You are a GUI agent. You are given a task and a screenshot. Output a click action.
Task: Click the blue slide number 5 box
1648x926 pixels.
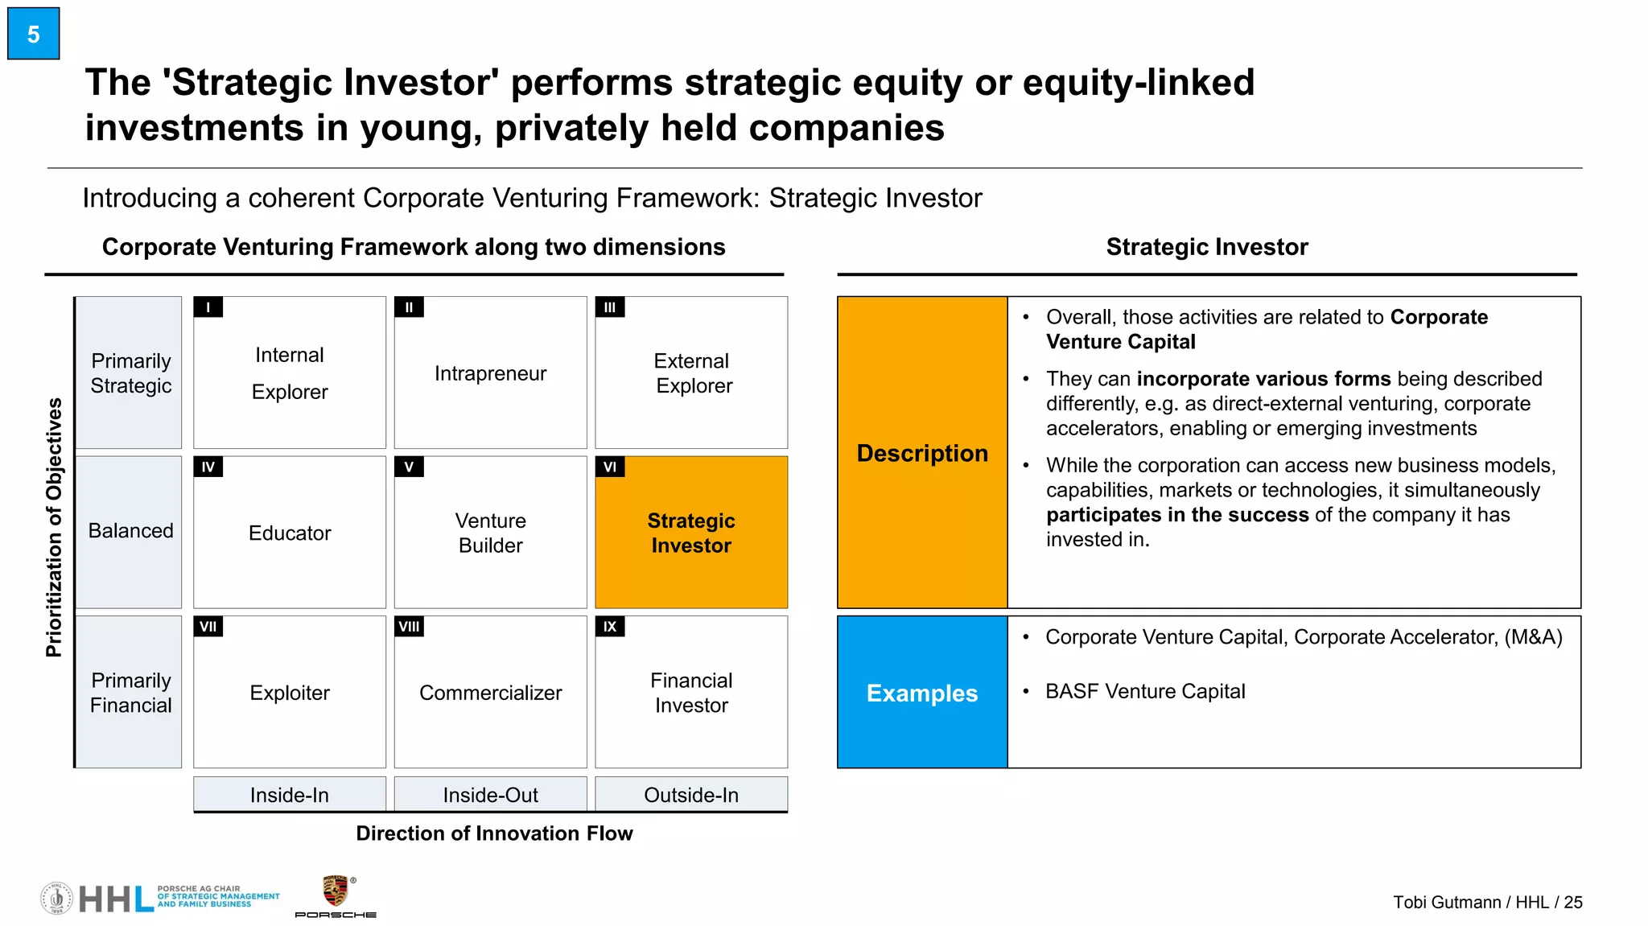pyautogui.click(x=33, y=34)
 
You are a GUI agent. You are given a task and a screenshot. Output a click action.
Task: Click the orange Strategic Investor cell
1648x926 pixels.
pyautogui.click(x=691, y=533)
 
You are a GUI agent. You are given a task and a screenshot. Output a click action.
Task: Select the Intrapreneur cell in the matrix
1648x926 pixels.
pyautogui.click(x=490, y=373)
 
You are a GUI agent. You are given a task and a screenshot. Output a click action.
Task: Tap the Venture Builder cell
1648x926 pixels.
pyautogui.click(x=490, y=533)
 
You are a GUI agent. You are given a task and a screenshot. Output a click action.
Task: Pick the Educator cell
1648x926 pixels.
pyautogui.click(x=290, y=533)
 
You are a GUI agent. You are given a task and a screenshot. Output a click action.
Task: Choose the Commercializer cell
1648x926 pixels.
pyautogui.click(x=490, y=693)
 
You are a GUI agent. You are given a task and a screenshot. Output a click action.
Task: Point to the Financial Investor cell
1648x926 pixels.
pyautogui.click(x=691, y=693)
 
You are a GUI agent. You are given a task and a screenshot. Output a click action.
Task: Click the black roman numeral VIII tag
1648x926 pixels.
pyautogui.click(x=409, y=627)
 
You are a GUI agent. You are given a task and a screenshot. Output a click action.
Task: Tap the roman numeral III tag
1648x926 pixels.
pyautogui.click(x=609, y=307)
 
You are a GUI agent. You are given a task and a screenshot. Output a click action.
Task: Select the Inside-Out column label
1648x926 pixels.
pyautogui.click(x=490, y=795)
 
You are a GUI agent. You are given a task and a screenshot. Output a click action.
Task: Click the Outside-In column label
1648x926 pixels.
pyautogui.click(x=691, y=795)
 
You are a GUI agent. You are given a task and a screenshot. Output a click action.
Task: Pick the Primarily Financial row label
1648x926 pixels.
pyautogui.click(x=130, y=693)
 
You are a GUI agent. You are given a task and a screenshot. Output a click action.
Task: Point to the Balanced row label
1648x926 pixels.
pyautogui.click(x=130, y=531)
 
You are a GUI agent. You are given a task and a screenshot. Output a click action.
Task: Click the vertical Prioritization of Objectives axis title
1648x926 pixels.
pyautogui.click(x=54, y=528)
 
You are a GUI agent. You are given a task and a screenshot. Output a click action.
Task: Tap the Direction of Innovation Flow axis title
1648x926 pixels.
pyautogui.click(x=494, y=833)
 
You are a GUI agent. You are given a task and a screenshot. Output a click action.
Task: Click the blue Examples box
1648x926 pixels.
pyautogui.click(x=922, y=693)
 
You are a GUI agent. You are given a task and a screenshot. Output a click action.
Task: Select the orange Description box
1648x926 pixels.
pyautogui.click(x=922, y=453)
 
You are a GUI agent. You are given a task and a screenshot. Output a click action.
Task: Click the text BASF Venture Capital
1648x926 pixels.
pyautogui.click(x=1144, y=691)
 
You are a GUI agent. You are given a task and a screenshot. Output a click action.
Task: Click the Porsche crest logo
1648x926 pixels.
pyautogui.click(x=335, y=891)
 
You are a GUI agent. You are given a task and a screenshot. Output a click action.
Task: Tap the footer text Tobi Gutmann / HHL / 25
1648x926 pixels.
pyautogui.click(x=1487, y=902)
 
